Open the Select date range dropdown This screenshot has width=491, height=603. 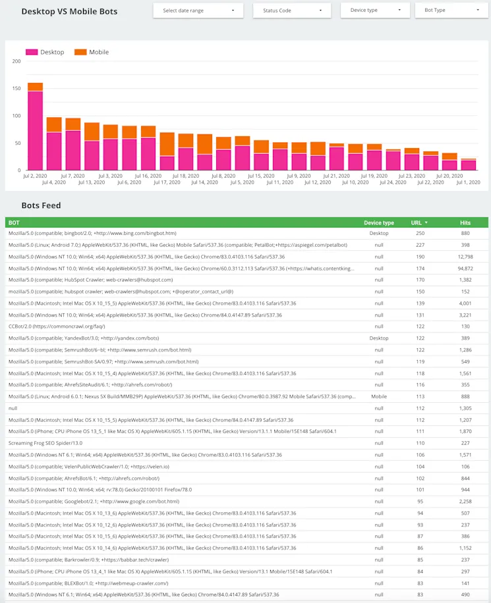[x=198, y=11]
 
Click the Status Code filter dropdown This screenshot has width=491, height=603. [x=292, y=11]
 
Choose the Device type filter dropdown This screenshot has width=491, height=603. [x=374, y=11]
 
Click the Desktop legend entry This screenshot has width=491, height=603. [x=45, y=52]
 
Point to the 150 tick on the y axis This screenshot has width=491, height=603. [x=16, y=88]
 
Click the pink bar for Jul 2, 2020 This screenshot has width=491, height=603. [x=35, y=130]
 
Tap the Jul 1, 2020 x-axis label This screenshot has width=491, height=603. [x=468, y=182]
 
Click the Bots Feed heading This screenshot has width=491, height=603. [x=41, y=205]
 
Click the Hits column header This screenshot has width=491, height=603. [x=465, y=223]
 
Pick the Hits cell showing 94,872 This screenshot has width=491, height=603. [x=465, y=268]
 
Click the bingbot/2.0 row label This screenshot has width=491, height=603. [x=92, y=233]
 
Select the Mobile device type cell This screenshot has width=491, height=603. [x=378, y=396]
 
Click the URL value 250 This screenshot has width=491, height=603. [x=420, y=233]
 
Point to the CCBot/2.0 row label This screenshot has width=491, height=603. [x=57, y=327]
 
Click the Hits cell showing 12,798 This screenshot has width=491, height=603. [x=465, y=256]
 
